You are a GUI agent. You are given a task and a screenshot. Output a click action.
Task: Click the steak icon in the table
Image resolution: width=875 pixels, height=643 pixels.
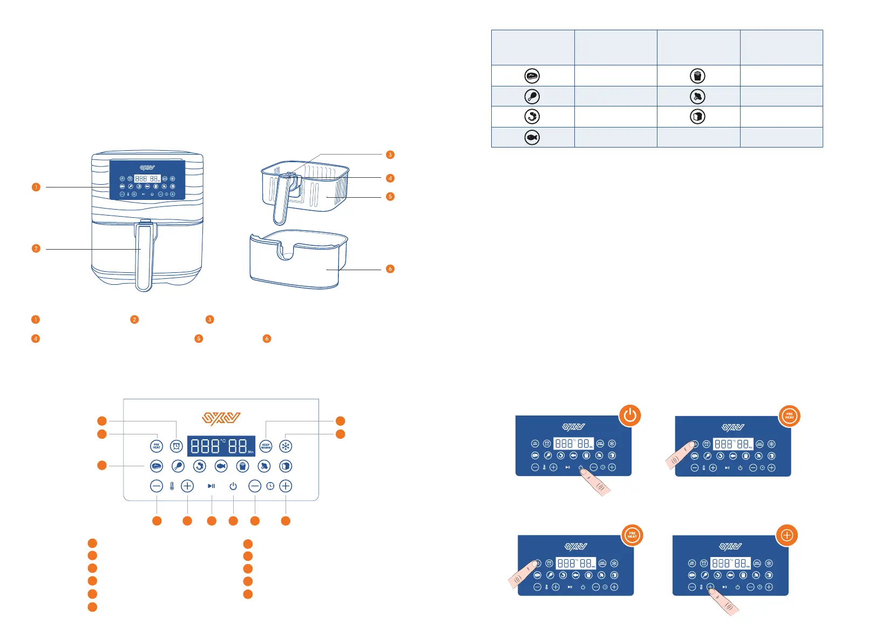pyautogui.click(x=532, y=76)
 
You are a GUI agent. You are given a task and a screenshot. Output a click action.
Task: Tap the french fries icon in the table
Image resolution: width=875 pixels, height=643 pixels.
pyautogui.click(x=697, y=76)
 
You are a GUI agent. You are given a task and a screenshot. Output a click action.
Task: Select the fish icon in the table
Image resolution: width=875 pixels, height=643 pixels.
pyautogui.click(x=532, y=138)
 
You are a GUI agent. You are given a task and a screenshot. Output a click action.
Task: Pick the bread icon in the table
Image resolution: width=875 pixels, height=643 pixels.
pyautogui.click(x=697, y=117)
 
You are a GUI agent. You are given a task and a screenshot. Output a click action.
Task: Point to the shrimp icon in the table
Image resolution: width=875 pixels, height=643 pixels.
pyautogui.click(x=532, y=117)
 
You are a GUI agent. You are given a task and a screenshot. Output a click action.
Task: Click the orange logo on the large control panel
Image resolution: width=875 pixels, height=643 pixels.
pyautogui.click(x=221, y=419)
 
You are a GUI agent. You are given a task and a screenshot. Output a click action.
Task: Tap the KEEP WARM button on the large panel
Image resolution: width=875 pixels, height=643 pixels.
pyautogui.click(x=266, y=446)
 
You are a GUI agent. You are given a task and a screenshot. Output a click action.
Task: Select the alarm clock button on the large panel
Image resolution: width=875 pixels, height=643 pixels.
pyautogui.click(x=177, y=446)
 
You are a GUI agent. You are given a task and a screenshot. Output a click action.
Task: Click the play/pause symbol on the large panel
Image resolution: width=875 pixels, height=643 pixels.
pyautogui.click(x=211, y=486)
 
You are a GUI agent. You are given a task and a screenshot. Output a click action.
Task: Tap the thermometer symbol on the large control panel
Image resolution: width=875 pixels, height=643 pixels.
pyautogui.click(x=172, y=486)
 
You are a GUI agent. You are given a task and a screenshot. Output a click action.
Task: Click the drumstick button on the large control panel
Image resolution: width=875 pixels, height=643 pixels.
pyautogui.click(x=178, y=466)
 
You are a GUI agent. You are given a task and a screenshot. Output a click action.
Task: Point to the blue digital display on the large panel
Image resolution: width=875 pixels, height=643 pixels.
pyautogui.click(x=221, y=446)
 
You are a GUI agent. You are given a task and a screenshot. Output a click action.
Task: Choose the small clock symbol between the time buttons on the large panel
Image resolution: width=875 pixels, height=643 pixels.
pyautogui.click(x=270, y=486)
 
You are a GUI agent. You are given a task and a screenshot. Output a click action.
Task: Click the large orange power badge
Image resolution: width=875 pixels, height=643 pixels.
pyautogui.click(x=630, y=416)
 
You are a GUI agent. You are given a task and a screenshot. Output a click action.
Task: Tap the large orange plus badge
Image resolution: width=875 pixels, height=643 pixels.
pyautogui.click(x=787, y=535)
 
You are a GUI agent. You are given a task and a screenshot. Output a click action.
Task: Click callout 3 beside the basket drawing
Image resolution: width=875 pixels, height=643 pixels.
pyautogui.click(x=390, y=155)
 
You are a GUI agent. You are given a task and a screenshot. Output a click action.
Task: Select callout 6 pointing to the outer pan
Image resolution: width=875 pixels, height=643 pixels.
pyautogui.click(x=390, y=269)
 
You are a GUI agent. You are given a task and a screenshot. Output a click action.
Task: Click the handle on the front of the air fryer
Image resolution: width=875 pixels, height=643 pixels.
pyautogui.click(x=144, y=257)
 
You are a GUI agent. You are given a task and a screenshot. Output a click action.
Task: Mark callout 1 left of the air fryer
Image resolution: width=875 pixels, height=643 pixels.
pyautogui.click(x=36, y=187)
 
